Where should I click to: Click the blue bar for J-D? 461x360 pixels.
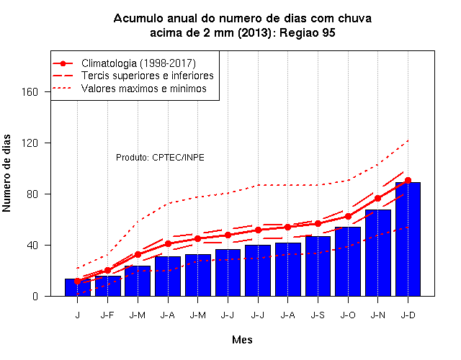click(408, 239)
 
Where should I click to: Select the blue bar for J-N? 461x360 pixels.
click(377, 253)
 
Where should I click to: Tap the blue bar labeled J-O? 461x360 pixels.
click(348, 261)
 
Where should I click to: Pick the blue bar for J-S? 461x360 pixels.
click(318, 266)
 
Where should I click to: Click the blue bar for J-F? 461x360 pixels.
click(107, 286)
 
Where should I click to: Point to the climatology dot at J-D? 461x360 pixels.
click(408, 181)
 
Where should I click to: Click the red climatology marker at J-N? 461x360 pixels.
click(377, 199)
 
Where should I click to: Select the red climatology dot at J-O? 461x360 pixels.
click(348, 216)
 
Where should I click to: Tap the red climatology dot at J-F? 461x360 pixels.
click(107, 271)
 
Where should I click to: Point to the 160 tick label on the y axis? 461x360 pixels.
click(30, 92)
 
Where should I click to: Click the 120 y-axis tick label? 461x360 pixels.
click(30, 143)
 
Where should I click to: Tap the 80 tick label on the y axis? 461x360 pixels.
click(33, 194)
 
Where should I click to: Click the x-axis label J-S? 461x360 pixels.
click(318, 315)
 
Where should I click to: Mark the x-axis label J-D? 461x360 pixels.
click(408, 315)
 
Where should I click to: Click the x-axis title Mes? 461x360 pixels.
click(242, 340)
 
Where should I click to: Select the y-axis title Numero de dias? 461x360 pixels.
click(6, 173)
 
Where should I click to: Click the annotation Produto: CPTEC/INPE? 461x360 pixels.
click(160, 158)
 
